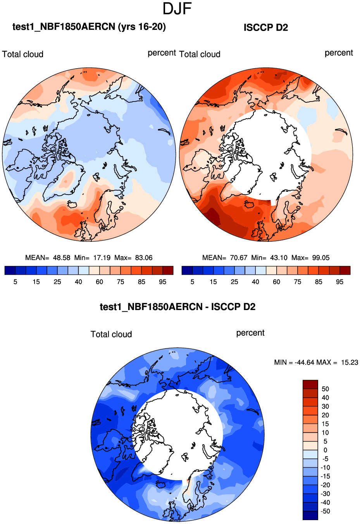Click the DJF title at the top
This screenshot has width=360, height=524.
click(177, 9)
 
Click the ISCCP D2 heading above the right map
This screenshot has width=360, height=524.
click(266, 28)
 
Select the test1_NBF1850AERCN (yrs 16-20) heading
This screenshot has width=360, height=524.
click(89, 27)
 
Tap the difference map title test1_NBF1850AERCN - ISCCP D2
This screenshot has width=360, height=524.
click(177, 307)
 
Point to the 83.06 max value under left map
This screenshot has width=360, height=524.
click(144, 258)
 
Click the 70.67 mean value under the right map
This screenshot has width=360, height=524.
click(238, 258)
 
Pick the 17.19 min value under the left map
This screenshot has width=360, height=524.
click(102, 258)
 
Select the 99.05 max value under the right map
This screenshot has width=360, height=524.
click(321, 258)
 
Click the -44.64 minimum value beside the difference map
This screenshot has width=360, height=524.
click(305, 362)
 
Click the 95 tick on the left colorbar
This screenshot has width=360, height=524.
click(163, 282)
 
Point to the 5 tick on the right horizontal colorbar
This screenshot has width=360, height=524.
click(192, 282)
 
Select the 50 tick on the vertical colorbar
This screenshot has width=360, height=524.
click(325, 389)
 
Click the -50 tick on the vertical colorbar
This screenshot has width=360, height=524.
click(325, 511)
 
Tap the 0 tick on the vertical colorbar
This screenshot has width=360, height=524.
click(325, 450)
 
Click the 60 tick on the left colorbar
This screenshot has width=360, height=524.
click(100, 282)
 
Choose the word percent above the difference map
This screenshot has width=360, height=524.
click(250, 333)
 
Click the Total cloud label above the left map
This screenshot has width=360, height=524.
click(23, 54)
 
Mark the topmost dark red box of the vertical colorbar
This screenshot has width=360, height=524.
click(310, 384)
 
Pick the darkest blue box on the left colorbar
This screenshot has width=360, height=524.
click(10, 271)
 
